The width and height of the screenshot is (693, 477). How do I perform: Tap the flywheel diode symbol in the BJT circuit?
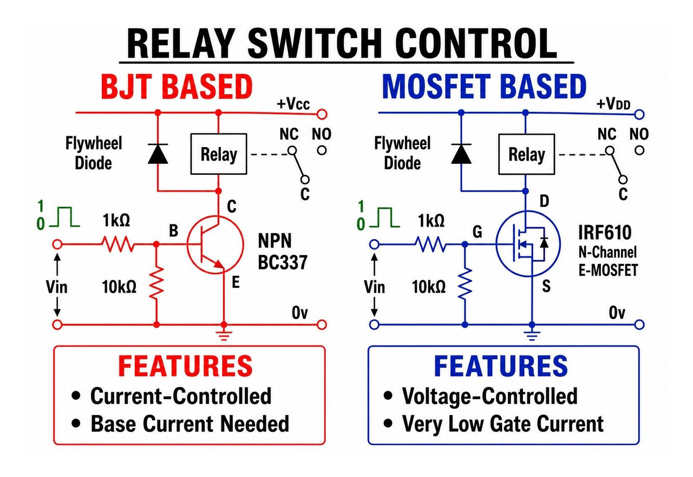point(158,154)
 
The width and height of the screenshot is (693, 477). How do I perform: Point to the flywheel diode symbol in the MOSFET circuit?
point(461,154)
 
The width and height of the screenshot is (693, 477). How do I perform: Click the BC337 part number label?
point(283,263)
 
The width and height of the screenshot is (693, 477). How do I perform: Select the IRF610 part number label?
point(605,233)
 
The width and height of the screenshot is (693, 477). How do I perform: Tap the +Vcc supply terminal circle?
point(322,115)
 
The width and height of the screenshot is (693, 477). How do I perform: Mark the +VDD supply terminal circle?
point(639,115)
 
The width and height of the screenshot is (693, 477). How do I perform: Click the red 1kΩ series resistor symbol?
point(118,244)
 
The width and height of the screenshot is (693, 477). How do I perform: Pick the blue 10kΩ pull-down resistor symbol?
point(465,283)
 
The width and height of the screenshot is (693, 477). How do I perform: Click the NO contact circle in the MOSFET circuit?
point(639,151)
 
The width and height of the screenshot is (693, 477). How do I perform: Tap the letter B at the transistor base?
point(174,230)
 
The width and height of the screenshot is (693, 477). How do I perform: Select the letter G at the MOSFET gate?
point(478,231)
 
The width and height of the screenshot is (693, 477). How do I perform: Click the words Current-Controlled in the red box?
point(181,396)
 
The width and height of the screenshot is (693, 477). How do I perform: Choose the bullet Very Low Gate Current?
point(493,423)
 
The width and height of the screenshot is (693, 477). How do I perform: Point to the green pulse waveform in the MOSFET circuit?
point(384,217)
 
